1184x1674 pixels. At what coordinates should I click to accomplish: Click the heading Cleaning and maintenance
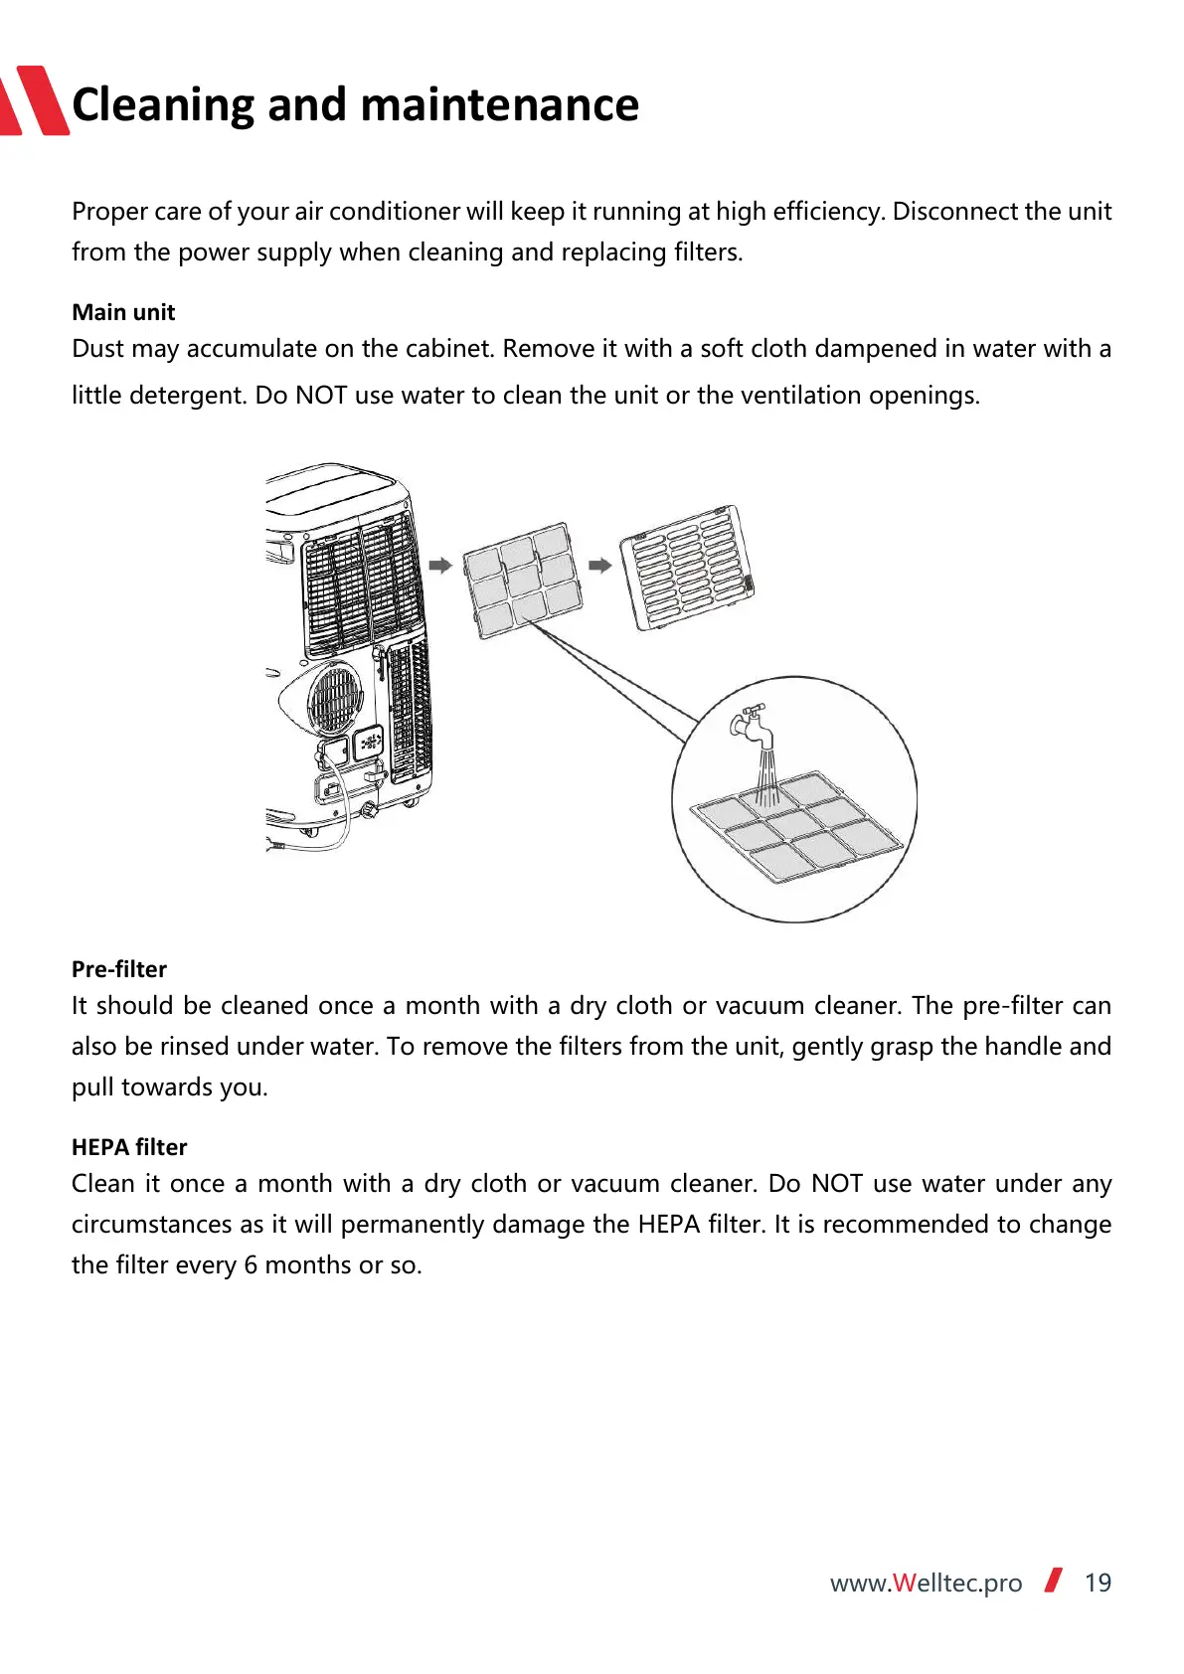(355, 104)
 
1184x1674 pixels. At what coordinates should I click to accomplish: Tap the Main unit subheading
(123, 312)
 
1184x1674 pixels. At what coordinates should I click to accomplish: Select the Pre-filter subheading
(119, 969)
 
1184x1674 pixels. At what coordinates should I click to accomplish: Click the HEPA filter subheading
(129, 1147)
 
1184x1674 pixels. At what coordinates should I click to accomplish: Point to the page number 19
(1098, 1583)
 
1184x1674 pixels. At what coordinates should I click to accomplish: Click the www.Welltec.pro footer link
(926, 1583)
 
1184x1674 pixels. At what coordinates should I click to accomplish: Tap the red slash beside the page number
(1054, 1580)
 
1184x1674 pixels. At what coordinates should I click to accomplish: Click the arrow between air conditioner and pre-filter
(440, 565)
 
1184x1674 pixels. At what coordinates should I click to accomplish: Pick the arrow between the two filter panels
(599, 565)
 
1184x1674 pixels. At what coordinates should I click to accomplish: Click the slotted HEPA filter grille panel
(687, 568)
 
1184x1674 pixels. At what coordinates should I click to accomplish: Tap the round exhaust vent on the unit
(334, 698)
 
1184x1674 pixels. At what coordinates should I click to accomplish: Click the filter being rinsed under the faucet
(796, 826)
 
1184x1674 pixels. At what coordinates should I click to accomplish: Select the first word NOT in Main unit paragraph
(321, 396)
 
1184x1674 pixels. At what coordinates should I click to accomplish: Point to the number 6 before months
(251, 1265)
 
